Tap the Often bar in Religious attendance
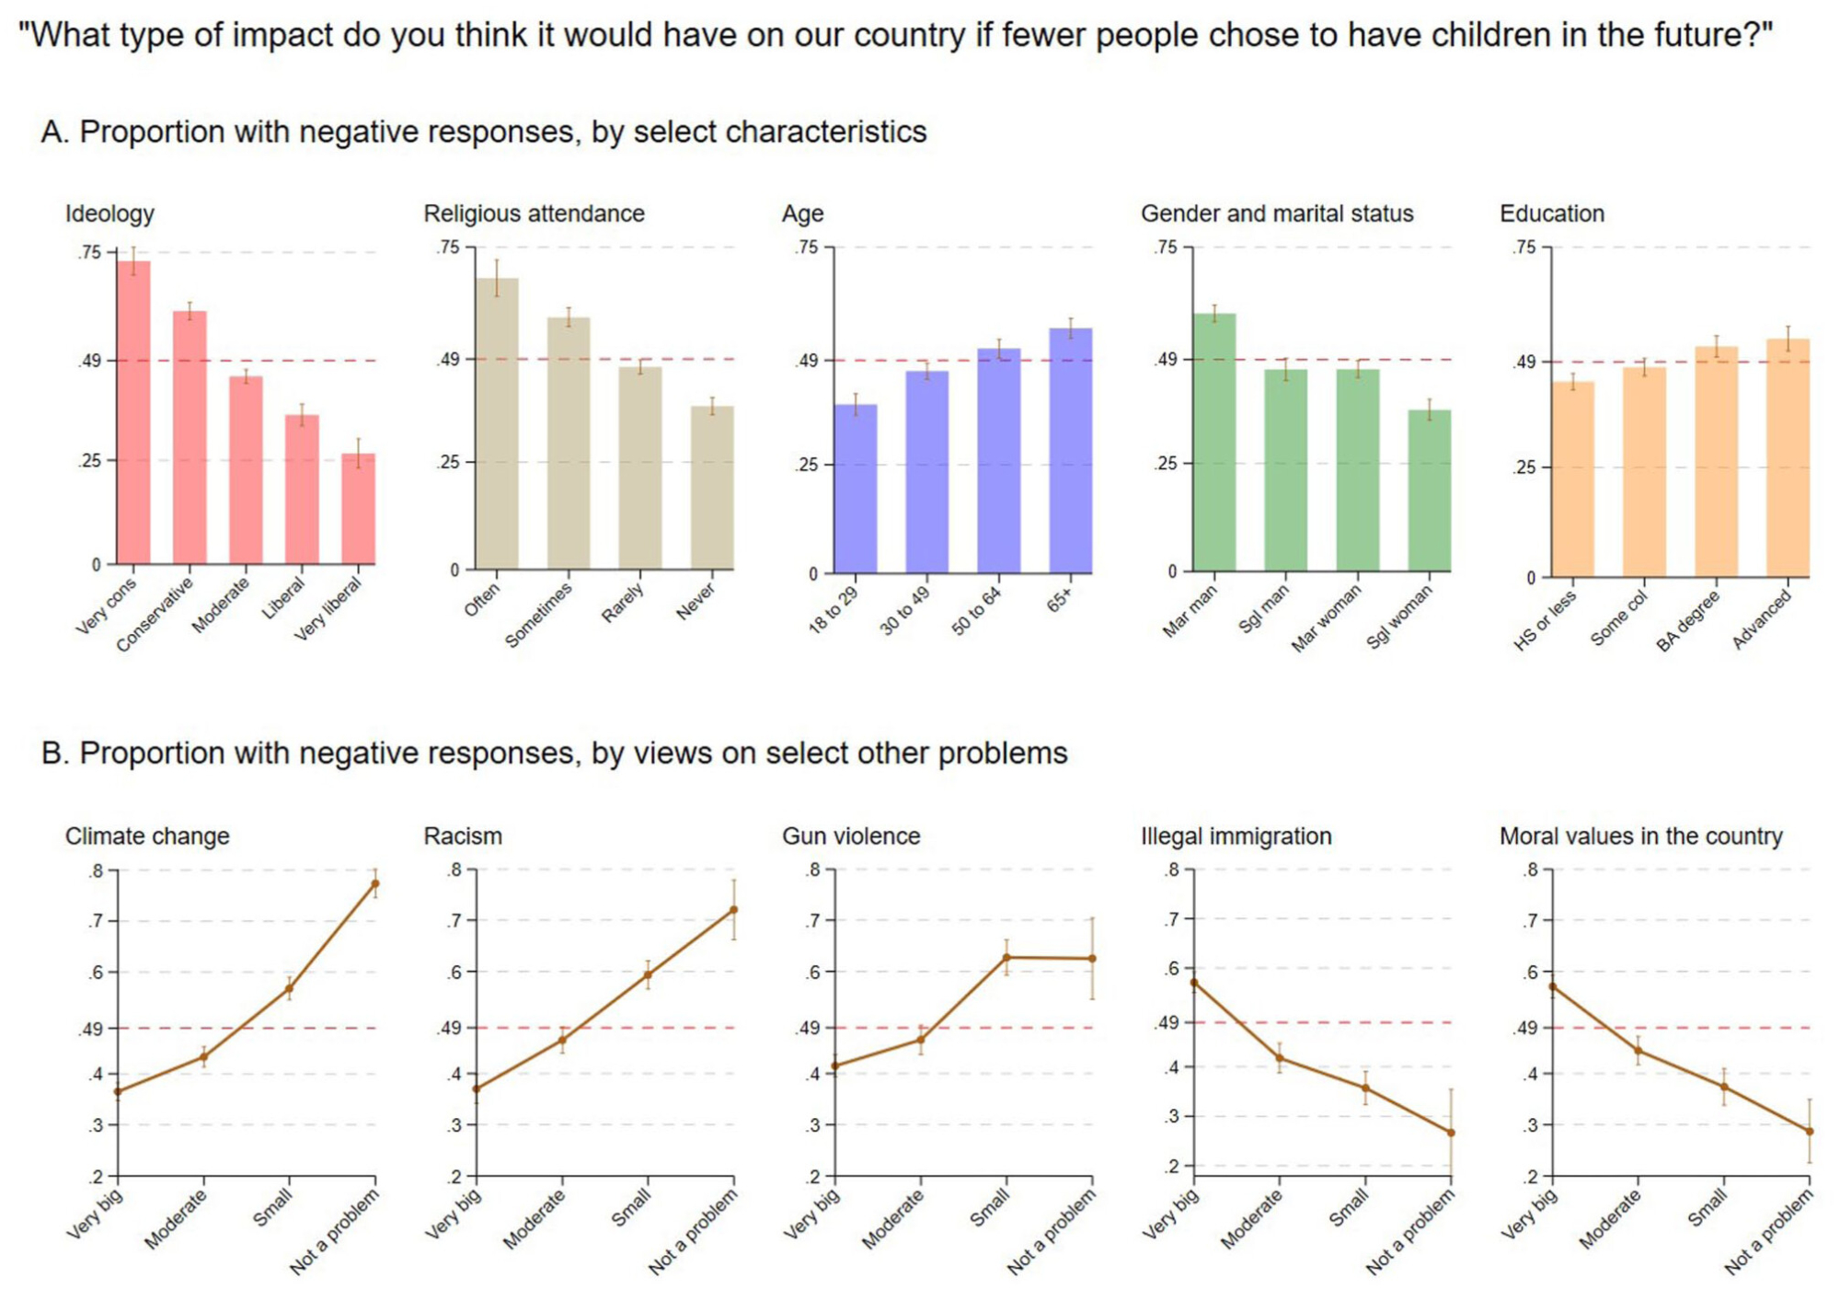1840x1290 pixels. (497, 423)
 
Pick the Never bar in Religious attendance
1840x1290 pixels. (712, 488)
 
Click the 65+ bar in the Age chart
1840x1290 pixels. (1071, 451)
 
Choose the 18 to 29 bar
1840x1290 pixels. (856, 489)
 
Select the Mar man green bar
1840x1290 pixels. (1214, 443)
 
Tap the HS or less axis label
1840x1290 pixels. (1545, 620)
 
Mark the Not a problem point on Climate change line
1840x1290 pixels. (375, 883)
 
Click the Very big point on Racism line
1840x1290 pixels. (477, 1088)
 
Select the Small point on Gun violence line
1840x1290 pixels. (1006, 958)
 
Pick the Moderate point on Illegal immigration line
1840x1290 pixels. (1280, 1058)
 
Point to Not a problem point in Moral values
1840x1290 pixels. (1810, 1132)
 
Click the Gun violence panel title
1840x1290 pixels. (851, 836)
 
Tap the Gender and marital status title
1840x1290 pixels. (1277, 213)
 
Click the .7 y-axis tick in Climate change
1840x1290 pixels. (97, 921)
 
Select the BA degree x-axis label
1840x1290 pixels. (1688, 621)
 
